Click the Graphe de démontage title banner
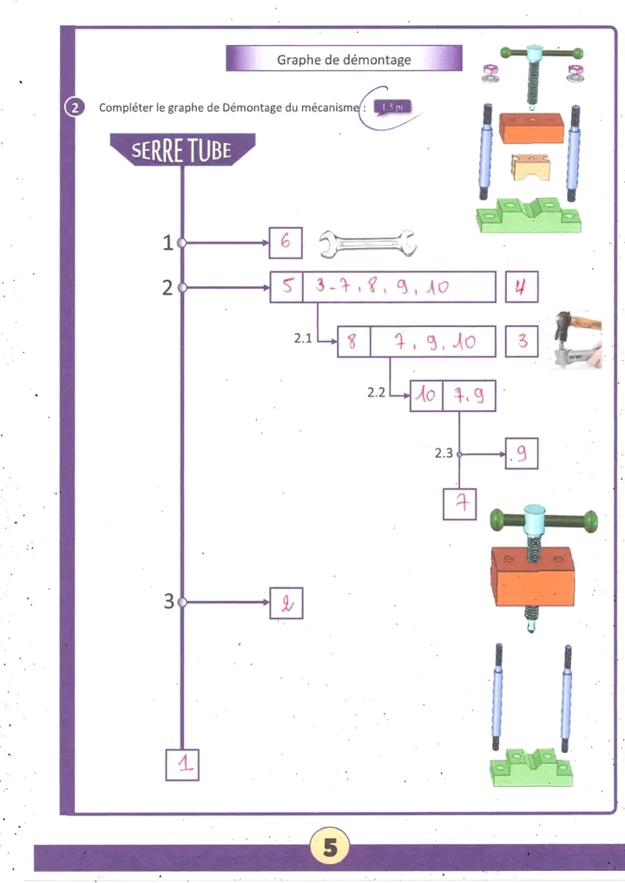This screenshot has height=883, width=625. (344, 59)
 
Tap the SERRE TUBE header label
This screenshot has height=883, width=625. (182, 150)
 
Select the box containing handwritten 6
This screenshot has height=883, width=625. (286, 243)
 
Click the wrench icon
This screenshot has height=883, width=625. (367, 244)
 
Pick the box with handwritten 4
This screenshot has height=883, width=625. (522, 286)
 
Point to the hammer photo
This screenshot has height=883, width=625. (577, 339)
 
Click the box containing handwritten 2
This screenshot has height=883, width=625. (286, 603)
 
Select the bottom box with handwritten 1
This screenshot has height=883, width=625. (182, 764)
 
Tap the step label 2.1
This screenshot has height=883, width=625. (303, 338)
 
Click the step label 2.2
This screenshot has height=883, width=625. (377, 393)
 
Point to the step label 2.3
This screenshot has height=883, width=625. (444, 454)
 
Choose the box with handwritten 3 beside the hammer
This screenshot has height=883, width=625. (522, 341)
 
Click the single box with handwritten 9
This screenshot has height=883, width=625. (522, 454)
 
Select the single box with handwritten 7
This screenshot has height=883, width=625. (460, 504)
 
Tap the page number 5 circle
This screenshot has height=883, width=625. (330, 847)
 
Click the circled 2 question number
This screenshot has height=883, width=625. (76, 107)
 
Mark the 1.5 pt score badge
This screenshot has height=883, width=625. (393, 107)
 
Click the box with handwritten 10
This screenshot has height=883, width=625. (426, 396)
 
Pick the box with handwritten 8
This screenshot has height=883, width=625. (354, 341)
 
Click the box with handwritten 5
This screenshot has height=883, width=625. (286, 286)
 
